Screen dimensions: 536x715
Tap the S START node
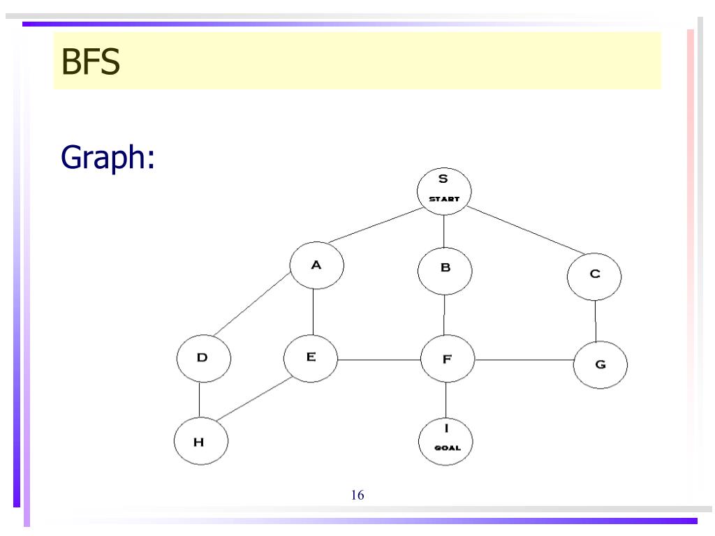(x=444, y=189)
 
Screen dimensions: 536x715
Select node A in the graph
(x=316, y=266)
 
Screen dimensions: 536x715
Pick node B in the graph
(x=445, y=269)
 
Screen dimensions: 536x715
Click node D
(x=202, y=358)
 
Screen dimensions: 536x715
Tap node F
(x=447, y=359)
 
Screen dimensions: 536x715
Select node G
(x=600, y=364)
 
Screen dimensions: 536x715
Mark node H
(x=200, y=441)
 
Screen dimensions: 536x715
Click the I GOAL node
(x=445, y=439)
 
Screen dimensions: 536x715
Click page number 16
(x=357, y=496)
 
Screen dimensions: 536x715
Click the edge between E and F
(x=379, y=360)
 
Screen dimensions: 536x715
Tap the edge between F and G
(x=524, y=361)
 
